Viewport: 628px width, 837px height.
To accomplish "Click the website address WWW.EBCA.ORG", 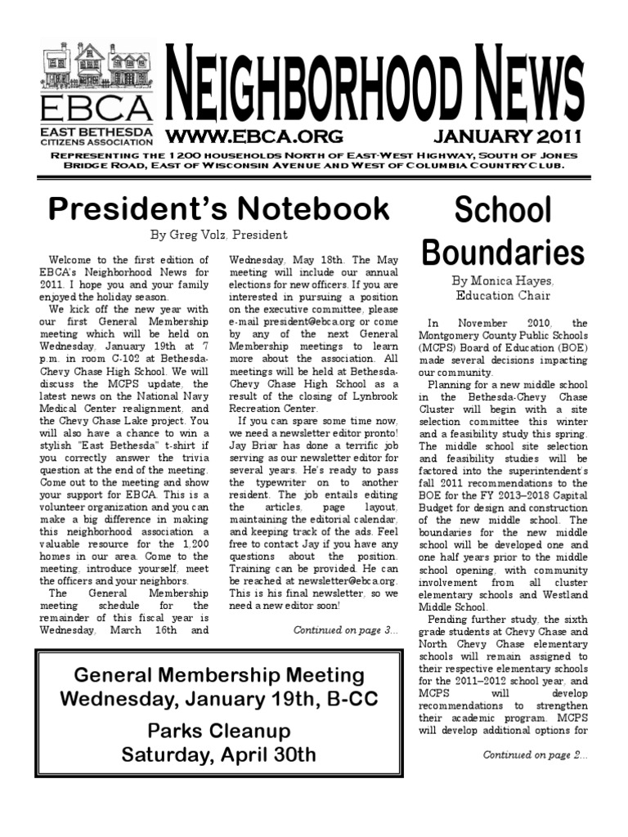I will coord(254,136).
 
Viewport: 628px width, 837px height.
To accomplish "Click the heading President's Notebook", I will coord(218,208).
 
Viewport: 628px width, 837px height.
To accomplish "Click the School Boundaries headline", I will coord(503,231).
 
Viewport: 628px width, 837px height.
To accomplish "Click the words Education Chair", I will coord(503,296).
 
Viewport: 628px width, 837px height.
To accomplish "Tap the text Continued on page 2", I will coord(535,754).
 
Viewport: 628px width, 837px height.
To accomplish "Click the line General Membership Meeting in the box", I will coord(218,675).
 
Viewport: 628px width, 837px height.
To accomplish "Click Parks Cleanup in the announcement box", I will coord(218,730).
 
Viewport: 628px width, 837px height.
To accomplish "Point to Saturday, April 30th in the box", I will coord(218,754).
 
